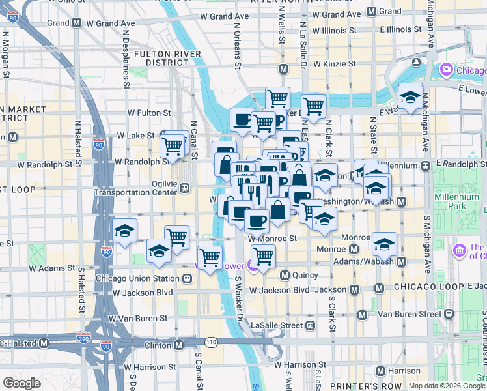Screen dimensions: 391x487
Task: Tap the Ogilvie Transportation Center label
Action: [135, 188]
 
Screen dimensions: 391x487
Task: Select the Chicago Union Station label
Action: [137, 278]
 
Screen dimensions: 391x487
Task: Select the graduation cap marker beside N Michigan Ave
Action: [410, 98]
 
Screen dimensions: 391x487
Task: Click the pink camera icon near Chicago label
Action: [446, 69]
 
